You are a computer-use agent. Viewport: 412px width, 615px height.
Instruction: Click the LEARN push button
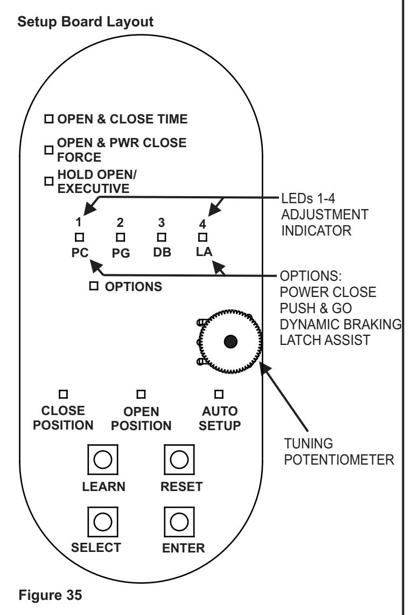click(103, 459)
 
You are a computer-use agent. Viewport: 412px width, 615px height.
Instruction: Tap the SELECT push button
click(103, 522)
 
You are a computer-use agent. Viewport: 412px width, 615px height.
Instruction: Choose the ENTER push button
click(179, 522)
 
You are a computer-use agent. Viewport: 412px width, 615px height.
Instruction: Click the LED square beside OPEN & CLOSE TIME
click(48, 119)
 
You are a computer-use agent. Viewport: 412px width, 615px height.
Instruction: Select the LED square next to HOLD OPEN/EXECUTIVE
click(48, 181)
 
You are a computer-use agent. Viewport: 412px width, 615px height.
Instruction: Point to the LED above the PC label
click(80, 237)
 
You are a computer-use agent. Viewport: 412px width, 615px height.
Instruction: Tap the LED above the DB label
click(162, 237)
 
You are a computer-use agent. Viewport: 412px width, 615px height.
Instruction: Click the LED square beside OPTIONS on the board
click(94, 286)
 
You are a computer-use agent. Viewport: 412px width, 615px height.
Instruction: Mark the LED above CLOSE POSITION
click(63, 394)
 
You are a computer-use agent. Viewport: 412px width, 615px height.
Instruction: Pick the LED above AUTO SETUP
click(219, 394)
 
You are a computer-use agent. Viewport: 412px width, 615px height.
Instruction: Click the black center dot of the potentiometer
click(231, 342)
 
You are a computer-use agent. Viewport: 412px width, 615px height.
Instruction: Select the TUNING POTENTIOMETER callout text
click(339, 452)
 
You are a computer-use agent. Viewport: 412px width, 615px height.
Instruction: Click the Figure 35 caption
click(50, 595)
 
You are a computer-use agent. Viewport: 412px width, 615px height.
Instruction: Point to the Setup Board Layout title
click(86, 22)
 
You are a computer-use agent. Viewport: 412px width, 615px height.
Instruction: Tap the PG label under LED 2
click(121, 253)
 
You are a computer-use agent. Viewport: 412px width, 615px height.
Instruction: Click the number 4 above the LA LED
click(202, 224)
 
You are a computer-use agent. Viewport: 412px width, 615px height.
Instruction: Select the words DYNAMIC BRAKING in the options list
click(341, 324)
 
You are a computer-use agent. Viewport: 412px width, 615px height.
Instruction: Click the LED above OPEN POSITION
click(141, 394)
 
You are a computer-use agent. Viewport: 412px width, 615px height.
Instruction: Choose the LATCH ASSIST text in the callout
click(325, 340)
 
